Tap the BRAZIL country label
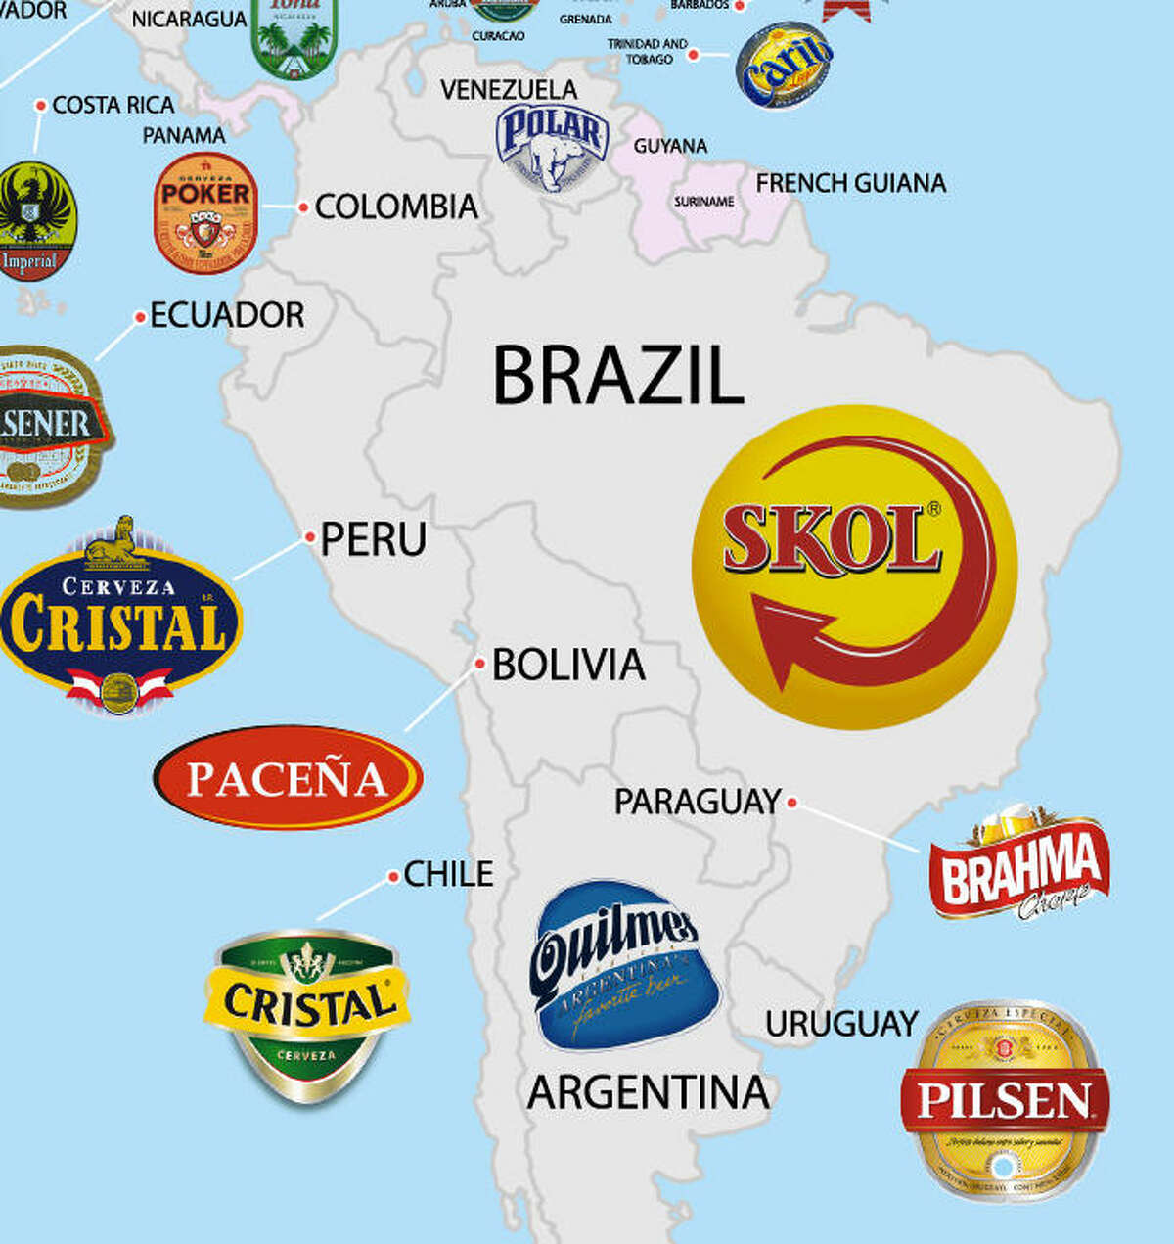[617, 376]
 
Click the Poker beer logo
[205, 212]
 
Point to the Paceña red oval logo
[288, 778]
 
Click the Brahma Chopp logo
[1020, 864]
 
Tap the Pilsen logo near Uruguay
[1004, 1100]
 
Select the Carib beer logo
[784, 64]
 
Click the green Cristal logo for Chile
[306, 1013]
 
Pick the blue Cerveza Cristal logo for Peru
[118, 617]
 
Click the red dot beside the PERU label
[309, 536]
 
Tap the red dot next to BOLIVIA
[480, 664]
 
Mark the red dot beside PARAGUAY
[792, 802]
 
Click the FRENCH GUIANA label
[850, 183]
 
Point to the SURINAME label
[703, 202]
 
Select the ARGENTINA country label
[648, 1092]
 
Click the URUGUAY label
[841, 1024]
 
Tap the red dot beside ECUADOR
[140, 316]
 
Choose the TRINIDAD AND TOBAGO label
[647, 51]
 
